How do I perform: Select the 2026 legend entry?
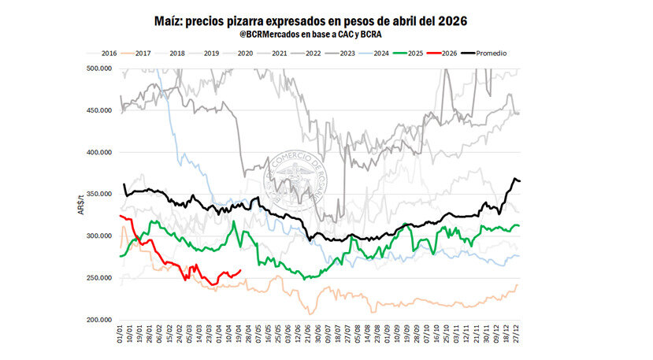point(447,54)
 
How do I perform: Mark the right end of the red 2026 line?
point(240,270)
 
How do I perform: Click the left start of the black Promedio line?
point(124,184)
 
